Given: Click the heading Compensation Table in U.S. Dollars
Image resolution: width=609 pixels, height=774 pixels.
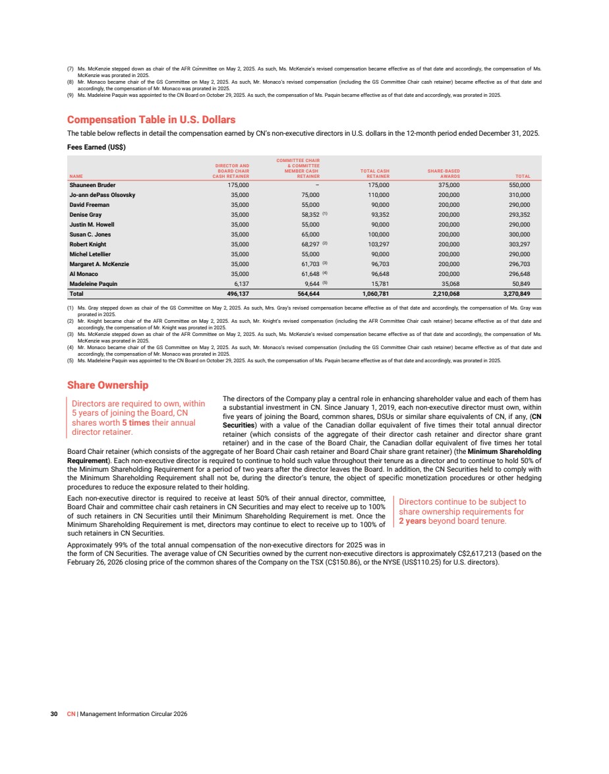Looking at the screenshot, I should coord(152,120).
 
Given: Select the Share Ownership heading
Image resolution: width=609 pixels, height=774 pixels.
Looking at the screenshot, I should coord(108,385).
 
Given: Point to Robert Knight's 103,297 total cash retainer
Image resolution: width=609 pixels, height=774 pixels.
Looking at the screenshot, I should coord(380,244).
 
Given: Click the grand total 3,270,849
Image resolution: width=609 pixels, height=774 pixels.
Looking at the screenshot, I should coord(515,294).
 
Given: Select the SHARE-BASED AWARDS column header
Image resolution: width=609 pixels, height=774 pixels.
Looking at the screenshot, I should coord(443,174).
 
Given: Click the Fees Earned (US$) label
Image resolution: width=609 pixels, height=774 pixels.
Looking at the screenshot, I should coord(97,147).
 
